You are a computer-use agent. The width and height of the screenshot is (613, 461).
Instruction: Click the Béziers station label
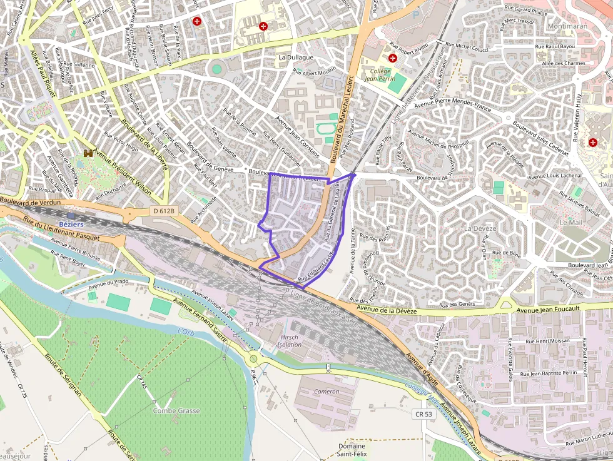70,224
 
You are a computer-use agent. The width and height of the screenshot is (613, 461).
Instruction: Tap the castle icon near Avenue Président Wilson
89,153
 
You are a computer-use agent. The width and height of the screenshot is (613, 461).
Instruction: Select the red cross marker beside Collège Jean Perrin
393,58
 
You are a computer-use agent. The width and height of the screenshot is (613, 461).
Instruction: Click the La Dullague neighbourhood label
296,58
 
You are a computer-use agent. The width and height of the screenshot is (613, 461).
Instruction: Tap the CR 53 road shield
423,414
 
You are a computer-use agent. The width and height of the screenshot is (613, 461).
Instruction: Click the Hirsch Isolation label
290,340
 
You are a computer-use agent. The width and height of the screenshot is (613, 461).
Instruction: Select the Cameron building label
327,392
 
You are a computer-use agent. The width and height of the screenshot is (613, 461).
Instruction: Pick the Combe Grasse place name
176,411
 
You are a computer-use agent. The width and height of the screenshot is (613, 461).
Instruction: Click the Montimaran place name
567,27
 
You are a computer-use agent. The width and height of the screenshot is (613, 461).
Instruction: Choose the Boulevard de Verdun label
31,202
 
